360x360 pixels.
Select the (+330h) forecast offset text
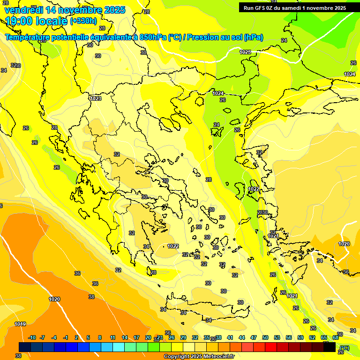click(x=83, y=21)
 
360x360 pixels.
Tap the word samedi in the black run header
click(x=292, y=8)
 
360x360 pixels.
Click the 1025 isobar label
click(x=245, y=52)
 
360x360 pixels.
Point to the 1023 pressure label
click(x=96, y=98)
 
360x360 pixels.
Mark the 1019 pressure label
click(x=20, y=324)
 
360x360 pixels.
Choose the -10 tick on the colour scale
click(x=32, y=337)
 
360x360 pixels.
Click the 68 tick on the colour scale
click(x=336, y=337)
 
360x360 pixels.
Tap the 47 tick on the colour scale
click(x=254, y=337)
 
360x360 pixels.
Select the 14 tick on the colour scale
click(x=125, y=337)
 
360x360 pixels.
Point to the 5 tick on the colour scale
click(x=88, y=337)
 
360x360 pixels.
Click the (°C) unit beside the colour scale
click(x=344, y=347)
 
